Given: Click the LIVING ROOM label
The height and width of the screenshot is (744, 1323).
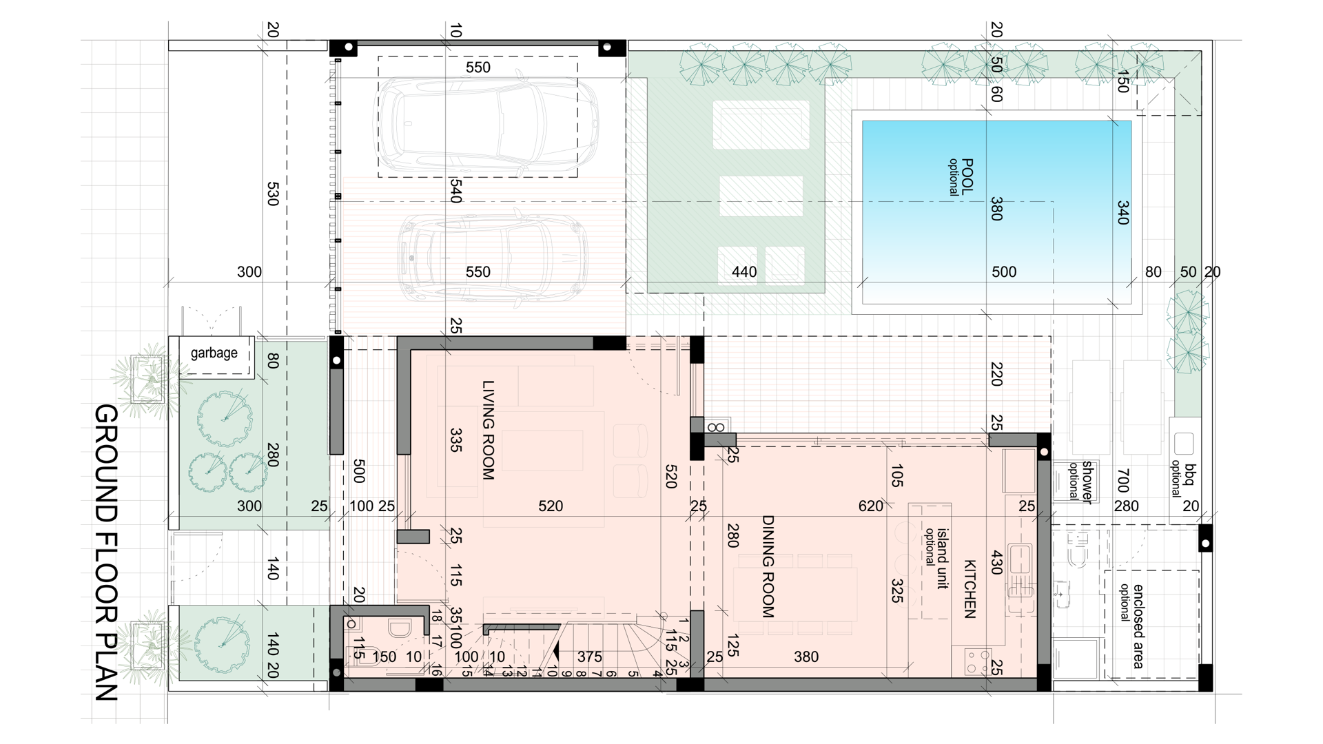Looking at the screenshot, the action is pos(489,431).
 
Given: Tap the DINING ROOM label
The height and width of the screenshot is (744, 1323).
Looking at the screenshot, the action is pos(768,566).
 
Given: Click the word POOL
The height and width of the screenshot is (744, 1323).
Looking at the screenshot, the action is pos(967,176).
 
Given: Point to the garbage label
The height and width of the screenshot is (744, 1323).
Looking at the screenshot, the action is pos(214,353).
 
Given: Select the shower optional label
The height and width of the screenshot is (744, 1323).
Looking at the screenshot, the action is pos(1080,480).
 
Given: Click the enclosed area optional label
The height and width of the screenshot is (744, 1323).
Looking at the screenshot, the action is pos(1131,626).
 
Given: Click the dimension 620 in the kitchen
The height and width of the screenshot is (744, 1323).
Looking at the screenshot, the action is pos(870,506).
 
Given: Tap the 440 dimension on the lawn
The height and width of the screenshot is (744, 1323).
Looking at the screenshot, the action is pos(744,272).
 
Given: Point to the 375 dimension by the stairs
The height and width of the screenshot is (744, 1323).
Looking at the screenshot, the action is pos(590,657).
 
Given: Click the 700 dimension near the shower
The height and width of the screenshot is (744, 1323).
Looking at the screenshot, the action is pos(1122,480).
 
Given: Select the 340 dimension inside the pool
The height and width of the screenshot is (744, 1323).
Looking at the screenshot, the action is pos(1122,212).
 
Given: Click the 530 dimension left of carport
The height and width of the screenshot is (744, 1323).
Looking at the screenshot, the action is pos(272,194).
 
